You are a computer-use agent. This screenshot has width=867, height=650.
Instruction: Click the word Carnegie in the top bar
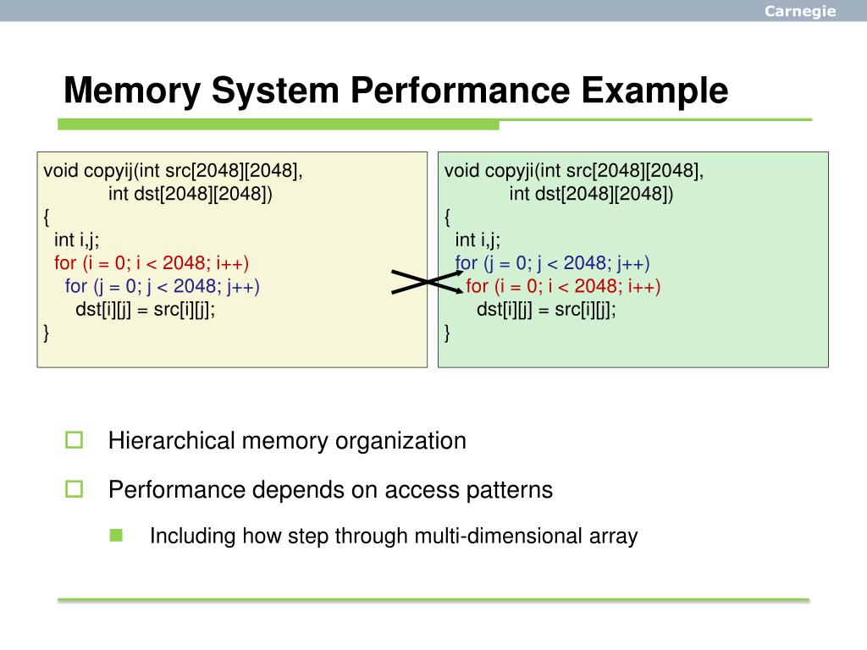(x=800, y=11)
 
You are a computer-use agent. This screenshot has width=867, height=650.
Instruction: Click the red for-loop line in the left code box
(x=152, y=263)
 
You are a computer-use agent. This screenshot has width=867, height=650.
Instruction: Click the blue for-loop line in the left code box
(x=163, y=286)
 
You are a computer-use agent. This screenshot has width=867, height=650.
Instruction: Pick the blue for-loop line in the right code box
(x=552, y=263)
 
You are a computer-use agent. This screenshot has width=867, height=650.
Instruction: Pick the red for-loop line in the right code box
(x=563, y=286)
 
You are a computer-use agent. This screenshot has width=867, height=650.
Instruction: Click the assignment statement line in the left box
(x=146, y=309)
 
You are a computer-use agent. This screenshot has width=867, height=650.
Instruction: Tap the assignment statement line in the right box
(x=546, y=309)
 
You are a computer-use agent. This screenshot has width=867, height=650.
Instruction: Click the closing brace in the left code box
(x=47, y=333)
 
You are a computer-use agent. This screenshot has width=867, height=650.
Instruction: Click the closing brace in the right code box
(x=448, y=333)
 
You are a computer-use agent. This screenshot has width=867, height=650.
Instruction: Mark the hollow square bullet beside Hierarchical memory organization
(x=75, y=440)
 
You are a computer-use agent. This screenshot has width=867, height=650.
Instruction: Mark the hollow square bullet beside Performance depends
(x=75, y=488)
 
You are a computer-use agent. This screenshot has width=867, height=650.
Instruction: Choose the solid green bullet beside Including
(x=116, y=535)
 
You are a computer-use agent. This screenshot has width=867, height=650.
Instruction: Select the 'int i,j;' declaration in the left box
(x=77, y=240)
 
